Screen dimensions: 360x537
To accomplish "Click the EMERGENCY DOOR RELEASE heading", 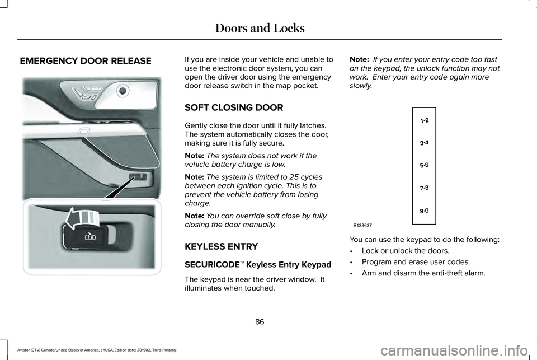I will coord(86,60).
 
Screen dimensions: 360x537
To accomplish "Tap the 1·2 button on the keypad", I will coord(424,120).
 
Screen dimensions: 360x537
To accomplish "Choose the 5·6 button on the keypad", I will coord(424,166).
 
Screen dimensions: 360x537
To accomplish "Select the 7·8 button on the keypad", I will coord(424,189).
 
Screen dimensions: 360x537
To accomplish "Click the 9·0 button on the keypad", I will coord(424,211).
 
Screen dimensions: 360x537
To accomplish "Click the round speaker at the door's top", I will coord(123,89).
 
